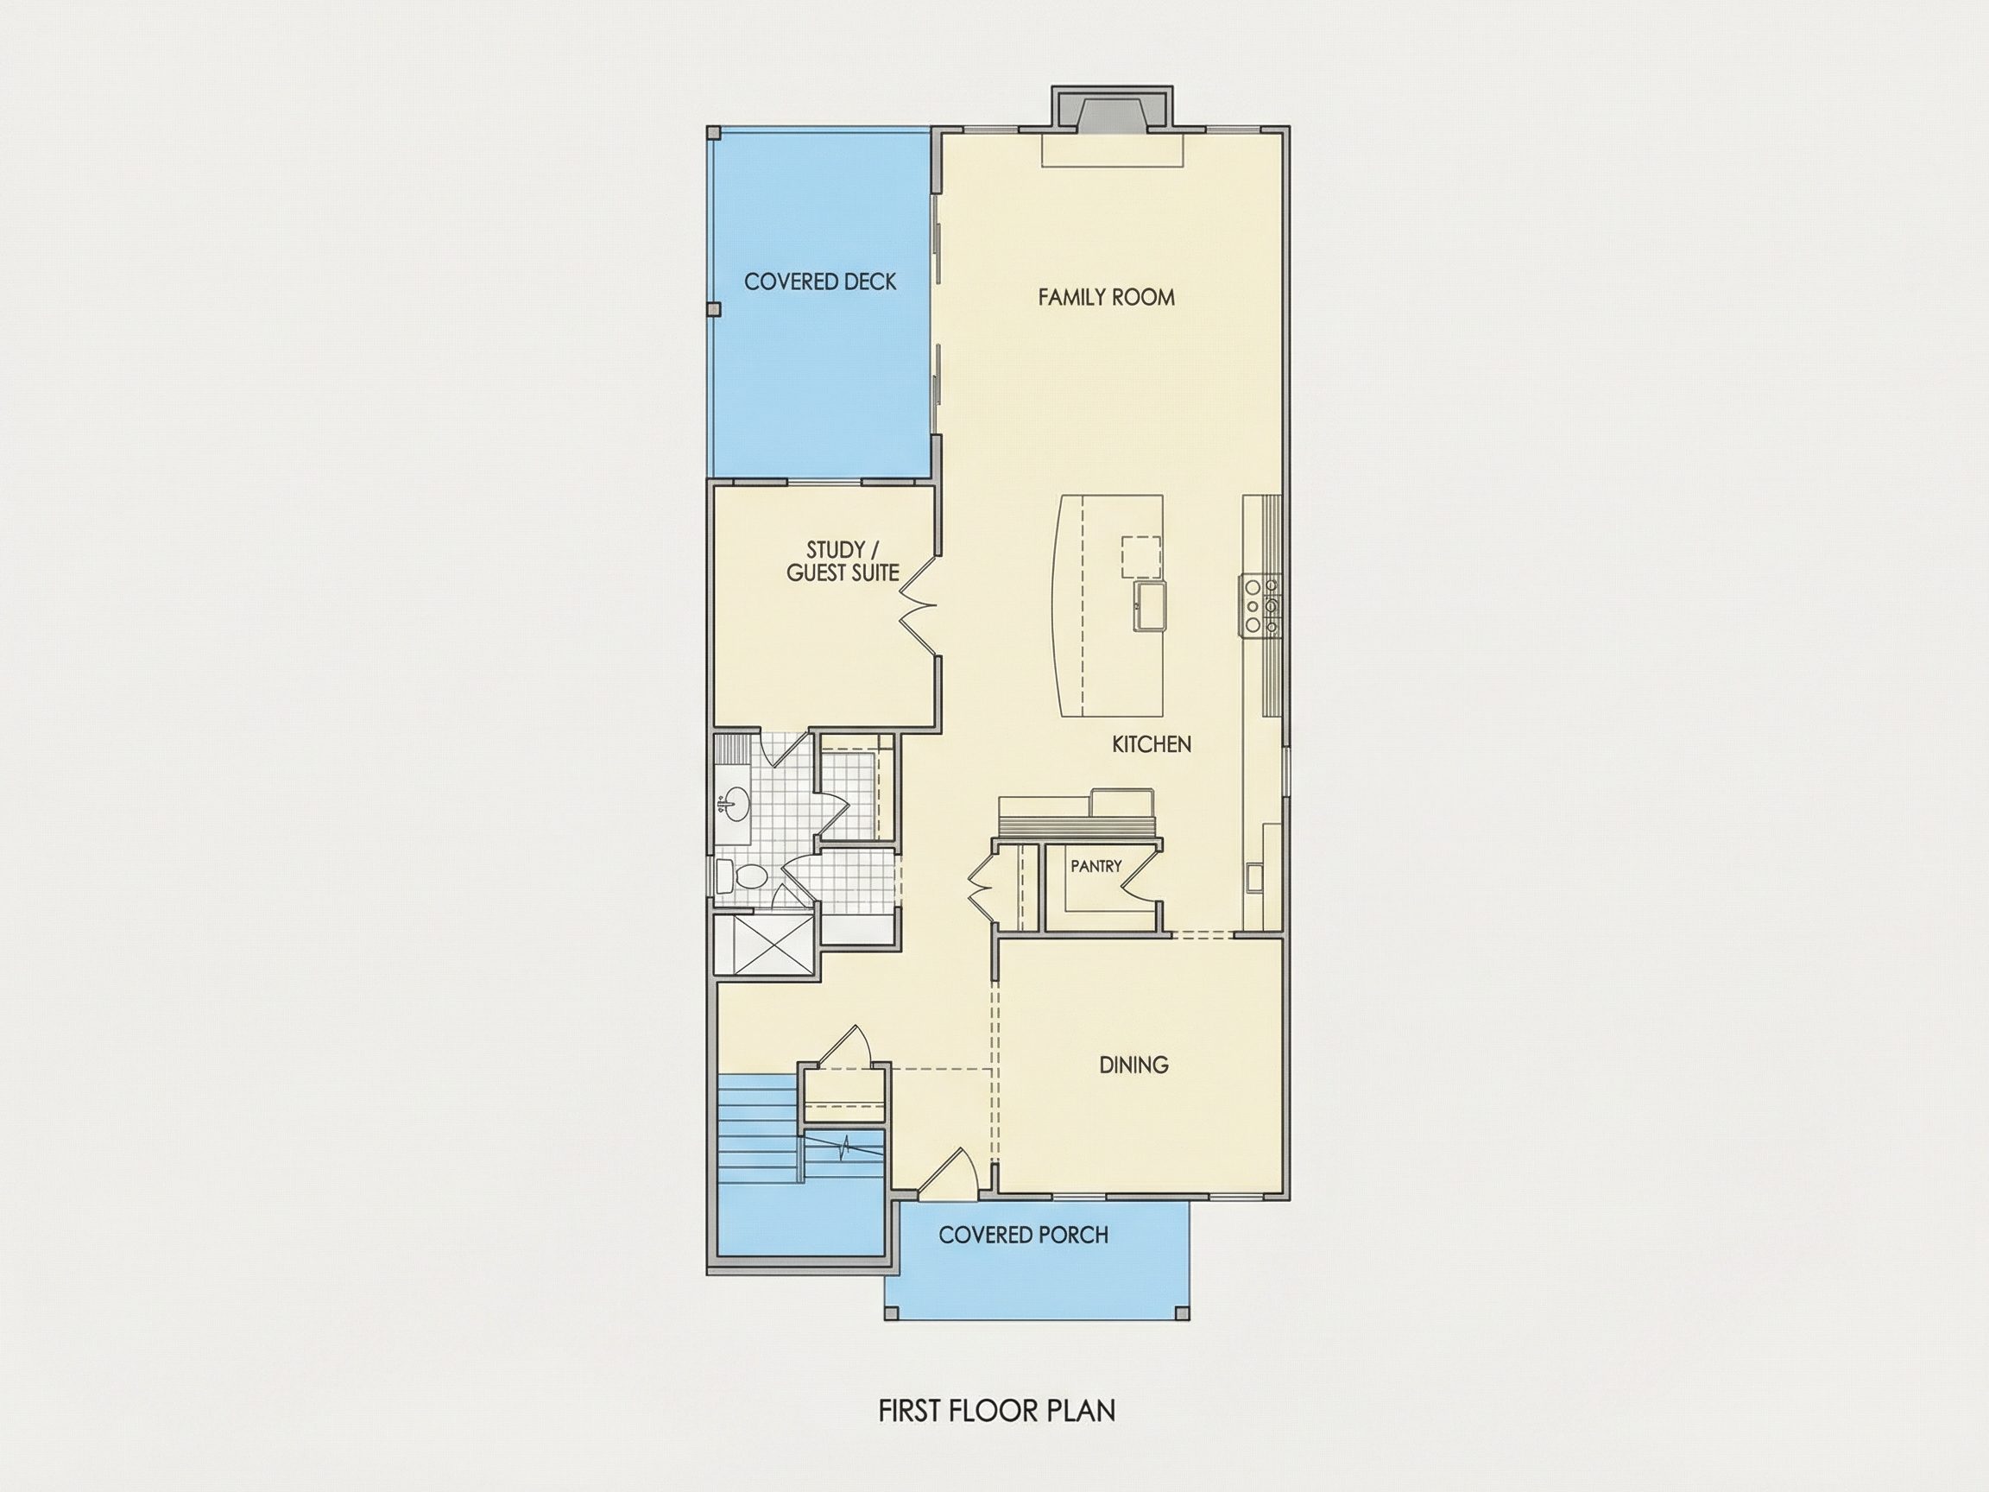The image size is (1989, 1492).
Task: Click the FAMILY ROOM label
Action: tap(1106, 298)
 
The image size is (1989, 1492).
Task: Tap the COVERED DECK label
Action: tap(820, 282)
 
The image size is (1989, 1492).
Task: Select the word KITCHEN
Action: tap(1152, 743)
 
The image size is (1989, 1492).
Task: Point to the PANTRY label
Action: tap(1096, 866)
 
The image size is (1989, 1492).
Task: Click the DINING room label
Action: tap(1133, 1065)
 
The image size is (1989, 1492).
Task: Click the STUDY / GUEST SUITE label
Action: tap(843, 561)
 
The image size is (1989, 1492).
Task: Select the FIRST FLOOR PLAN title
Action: tap(997, 1410)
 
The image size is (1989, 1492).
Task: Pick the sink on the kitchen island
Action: tap(1149, 607)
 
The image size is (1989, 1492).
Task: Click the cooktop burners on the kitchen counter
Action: tap(1261, 605)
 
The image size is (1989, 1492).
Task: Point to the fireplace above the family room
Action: tap(1113, 112)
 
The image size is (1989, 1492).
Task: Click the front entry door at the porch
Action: tap(950, 1173)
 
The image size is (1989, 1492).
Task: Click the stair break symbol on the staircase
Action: tap(845, 1147)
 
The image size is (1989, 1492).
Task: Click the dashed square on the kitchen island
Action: tap(1140, 557)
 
